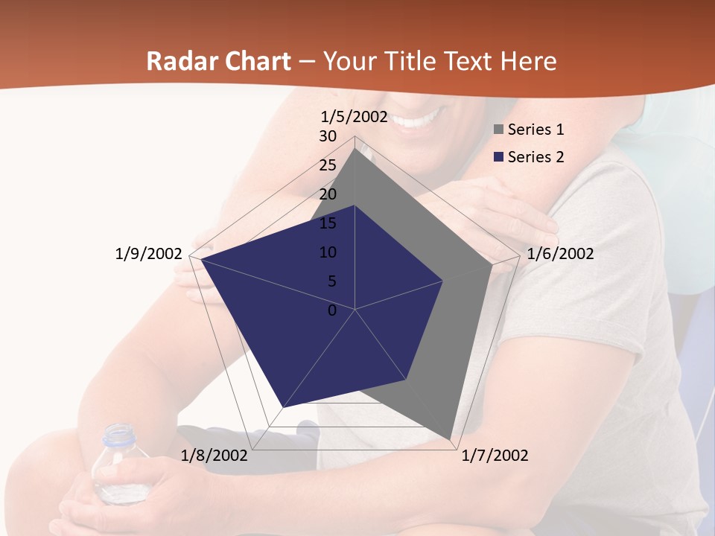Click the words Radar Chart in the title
(x=218, y=61)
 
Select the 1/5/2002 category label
(x=355, y=116)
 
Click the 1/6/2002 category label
(x=560, y=254)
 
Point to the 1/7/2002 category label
(x=495, y=456)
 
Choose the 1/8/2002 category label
(x=214, y=456)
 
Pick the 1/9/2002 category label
(x=148, y=254)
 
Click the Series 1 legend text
(x=536, y=130)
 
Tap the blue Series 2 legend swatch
(x=498, y=157)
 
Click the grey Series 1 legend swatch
(x=498, y=130)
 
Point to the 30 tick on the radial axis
(x=328, y=136)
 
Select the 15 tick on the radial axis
(x=328, y=223)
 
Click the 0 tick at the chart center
(x=332, y=310)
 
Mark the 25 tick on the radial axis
(x=328, y=165)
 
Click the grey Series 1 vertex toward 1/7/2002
(x=451, y=439)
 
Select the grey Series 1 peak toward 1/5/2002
(x=355, y=148)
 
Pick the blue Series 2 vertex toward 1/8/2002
(x=283, y=407)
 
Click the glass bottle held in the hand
(x=117, y=465)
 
